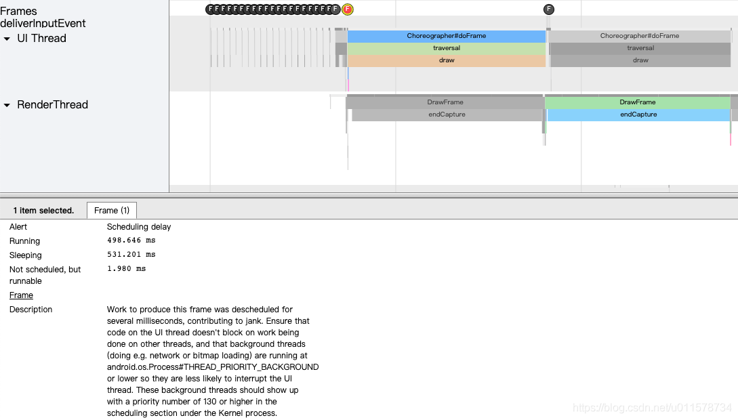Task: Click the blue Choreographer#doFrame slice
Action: click(x=446, y=36)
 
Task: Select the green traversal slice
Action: click(x=446, y=48)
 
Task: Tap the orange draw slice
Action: click(x=446, y=60)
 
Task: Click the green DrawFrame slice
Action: click(x=637, y=102)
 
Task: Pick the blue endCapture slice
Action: click(x=638, y=114)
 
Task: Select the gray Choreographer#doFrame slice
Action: click(x=639, y=36)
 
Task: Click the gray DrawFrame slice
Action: click(x=445, y=102)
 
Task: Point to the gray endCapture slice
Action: click(x=447, y=114)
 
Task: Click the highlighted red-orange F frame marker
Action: click(x=348, y=9)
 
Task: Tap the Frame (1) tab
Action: click(x=112, y=211)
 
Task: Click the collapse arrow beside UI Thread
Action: click(x=7, y=39)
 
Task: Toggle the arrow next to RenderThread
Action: click(x=7, y=106)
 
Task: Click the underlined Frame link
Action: click(x=21, y=295)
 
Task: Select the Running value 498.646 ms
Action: click(x=131, y=240)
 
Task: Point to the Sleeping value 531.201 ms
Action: click(x=131, y=255)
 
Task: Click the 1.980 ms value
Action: click(x=126, y=269)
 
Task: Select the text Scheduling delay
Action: click(x=139, y=227)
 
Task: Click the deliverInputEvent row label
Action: click(x=43, y=24)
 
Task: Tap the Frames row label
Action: click(x=18, y=11)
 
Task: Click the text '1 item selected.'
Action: click(x=43, y=211)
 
